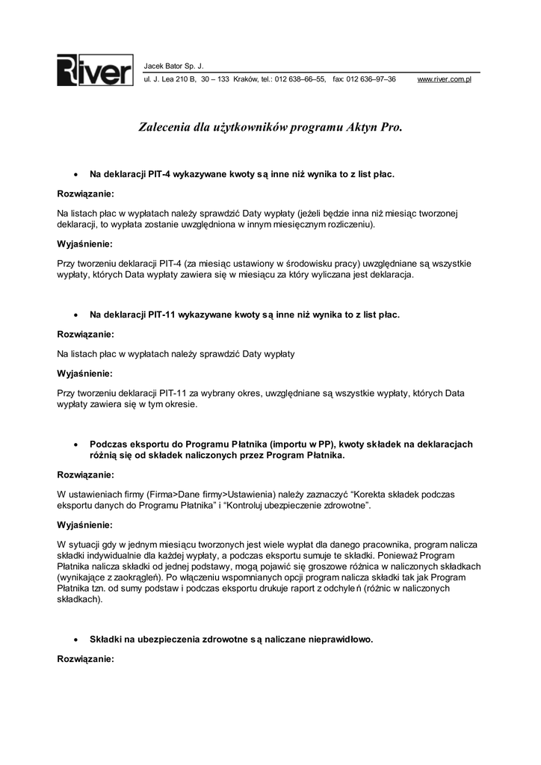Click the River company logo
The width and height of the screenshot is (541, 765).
pos(95,71)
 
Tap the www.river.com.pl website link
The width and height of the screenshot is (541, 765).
pos(444,79)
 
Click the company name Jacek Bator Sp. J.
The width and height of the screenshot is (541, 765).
pos(173,66)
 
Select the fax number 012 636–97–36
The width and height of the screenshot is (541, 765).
pos(371,79)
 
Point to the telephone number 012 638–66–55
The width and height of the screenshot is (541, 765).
pos(300,79)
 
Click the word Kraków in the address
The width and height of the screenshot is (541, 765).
pos(246,79)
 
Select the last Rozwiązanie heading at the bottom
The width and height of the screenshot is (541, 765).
pos(86,660)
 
